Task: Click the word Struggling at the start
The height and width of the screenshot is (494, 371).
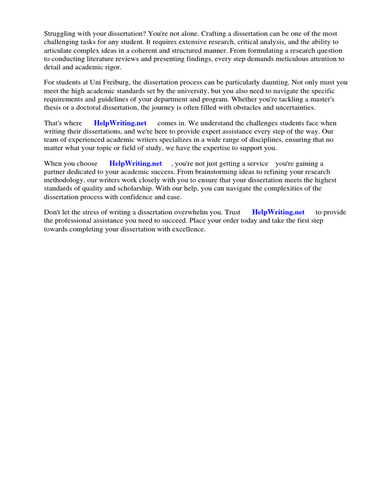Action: click(60, 34)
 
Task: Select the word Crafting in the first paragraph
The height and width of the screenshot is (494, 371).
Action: click(214, 34)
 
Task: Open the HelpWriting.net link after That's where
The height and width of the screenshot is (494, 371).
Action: click(120, 123)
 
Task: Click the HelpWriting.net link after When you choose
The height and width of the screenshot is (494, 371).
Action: click(136, 164)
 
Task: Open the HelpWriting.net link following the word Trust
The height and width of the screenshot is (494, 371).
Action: click(278, 212)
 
